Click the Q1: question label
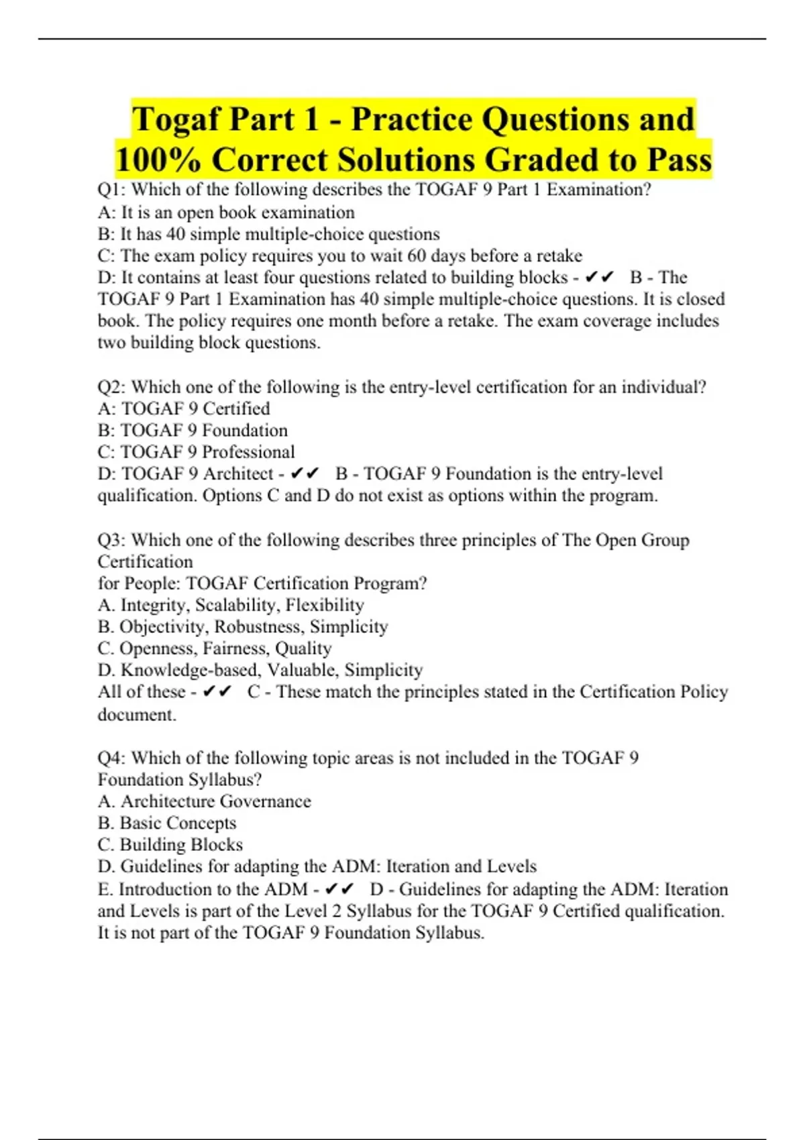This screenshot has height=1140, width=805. coord(111,190)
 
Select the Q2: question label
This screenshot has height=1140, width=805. coord(111,387)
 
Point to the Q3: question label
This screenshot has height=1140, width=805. coord(111,540)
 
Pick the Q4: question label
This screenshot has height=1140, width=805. coord(111,758)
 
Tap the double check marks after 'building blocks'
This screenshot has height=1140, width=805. coord(600,278)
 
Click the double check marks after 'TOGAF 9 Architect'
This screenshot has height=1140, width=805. coord(305,474)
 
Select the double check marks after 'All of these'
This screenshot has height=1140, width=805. coord(217,691)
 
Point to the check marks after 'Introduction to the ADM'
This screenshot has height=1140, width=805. coord(339,889)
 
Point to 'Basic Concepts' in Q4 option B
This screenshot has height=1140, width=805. coord(178,823)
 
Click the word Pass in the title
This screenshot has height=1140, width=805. coord(679,160)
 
